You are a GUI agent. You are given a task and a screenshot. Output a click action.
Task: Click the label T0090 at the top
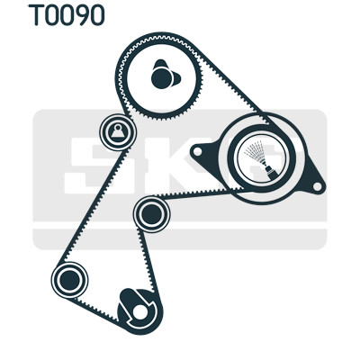click(x=67, y=15)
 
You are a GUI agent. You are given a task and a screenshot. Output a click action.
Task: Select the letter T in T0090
click(x=36, y=15)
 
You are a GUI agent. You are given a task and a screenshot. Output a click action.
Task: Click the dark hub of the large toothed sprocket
click(x=162, y=78)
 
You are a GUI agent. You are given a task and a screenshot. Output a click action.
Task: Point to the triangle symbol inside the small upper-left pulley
click(x=117, y=131)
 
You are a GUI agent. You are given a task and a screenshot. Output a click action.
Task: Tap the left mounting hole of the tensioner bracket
click(x=197, y=151)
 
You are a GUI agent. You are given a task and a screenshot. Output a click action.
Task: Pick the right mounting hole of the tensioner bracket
click(x=317, y=186)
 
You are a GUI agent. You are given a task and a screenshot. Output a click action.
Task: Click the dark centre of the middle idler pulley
click(x=151, y=214)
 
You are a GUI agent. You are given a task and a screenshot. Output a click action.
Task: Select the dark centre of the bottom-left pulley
click(x=69, y=280)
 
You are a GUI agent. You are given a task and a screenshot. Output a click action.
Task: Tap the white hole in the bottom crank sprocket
click(x=139, y=312)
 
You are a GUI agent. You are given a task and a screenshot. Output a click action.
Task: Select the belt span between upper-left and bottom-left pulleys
click(x=94, y=206)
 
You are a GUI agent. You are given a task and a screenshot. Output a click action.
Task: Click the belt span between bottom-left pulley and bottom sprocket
click(x=94, y=309)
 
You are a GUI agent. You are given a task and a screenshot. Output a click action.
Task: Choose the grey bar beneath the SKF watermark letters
click(x=179, y=239)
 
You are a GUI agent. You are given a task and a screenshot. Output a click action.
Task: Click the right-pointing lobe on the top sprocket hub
click(x=177, y=78)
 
